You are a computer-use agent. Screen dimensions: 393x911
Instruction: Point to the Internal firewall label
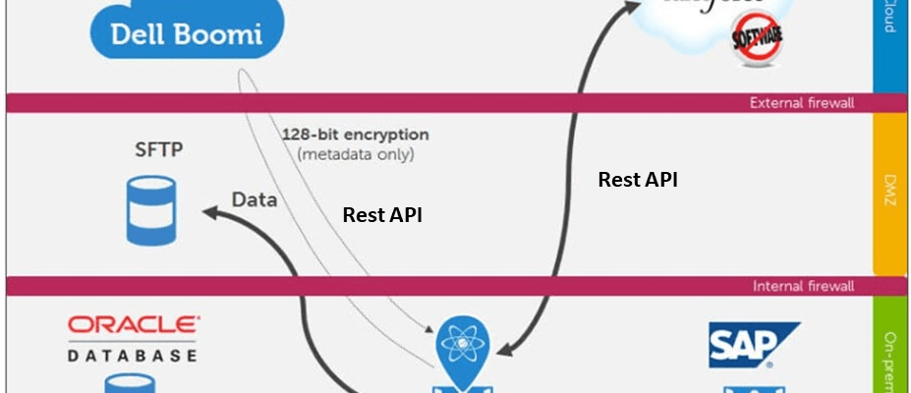tap(802, 286)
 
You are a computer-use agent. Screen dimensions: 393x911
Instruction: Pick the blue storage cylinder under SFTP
tap(150, 209)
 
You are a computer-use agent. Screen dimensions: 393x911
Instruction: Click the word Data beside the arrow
tap(254, 199)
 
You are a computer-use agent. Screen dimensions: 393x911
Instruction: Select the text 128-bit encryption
tap(355, 135)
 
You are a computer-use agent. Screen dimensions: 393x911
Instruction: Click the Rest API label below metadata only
tap(382, 215)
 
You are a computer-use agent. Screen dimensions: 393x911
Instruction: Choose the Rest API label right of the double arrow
tap(638, 180)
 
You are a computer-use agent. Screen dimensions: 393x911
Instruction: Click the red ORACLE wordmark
tap(133, 326)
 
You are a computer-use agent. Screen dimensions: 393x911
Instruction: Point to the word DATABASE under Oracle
tap(133, 355)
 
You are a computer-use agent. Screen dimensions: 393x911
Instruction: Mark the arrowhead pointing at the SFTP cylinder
tap(210, 209)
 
